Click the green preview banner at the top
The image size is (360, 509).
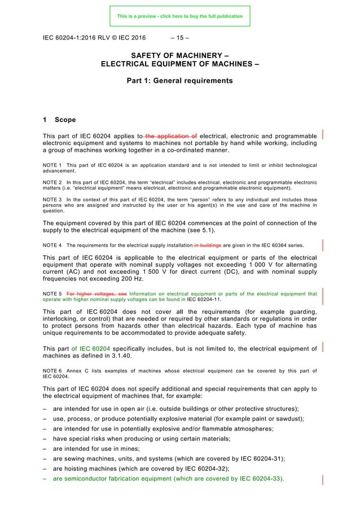point(179,16)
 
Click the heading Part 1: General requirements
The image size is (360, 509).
point(179,81)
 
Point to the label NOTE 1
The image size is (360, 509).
point(52,165)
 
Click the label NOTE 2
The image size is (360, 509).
point(52,182)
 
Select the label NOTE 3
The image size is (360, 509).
point(52,199)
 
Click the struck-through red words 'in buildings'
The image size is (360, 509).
point(208,245)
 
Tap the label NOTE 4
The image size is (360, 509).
point(52,245)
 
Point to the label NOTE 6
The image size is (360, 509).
point(52,371)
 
